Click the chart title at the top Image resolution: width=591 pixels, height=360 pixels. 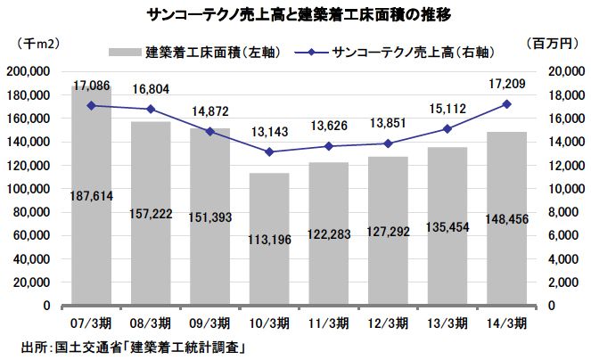tap(294, 14)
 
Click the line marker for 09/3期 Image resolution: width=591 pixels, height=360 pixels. tap(209, 131)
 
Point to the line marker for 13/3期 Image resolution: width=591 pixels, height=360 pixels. tap(447, 128)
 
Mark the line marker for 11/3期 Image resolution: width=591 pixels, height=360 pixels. tap(328, 146)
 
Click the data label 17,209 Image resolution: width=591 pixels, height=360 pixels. tap(505, 86)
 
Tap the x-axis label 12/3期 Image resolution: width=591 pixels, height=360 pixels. tap(388, 323)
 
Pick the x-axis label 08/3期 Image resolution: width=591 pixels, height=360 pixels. tap(151, 323)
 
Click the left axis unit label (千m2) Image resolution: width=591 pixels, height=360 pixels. tap(37, 42)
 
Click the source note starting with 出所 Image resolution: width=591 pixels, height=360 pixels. tap(133, 345)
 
